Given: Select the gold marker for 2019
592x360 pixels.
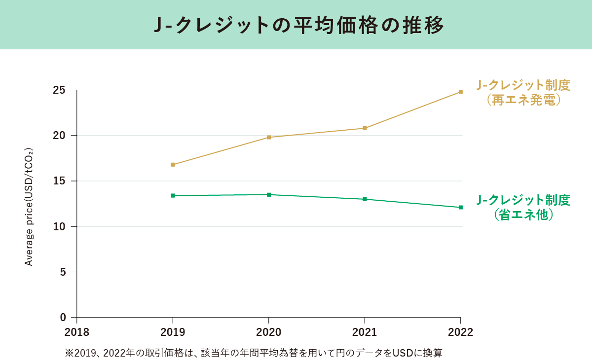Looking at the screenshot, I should point(173,165).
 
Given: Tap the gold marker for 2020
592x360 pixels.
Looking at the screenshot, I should point(269,137).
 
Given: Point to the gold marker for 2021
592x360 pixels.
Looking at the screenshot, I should point(365,128).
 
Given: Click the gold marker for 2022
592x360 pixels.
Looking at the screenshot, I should point(460,92).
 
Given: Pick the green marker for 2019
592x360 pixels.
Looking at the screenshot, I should point(173,195).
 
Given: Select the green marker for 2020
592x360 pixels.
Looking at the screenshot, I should point(269,194).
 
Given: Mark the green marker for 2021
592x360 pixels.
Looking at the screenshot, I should point(365,199).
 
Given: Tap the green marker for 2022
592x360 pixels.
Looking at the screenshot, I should point(460,207).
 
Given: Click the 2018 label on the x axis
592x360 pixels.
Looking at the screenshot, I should point(77,332).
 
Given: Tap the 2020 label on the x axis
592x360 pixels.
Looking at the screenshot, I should point(269,332).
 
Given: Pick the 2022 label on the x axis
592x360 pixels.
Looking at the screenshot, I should point(460,332).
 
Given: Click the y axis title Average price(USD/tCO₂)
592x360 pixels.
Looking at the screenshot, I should point(29,207).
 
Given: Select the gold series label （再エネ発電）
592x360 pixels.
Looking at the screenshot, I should point(523,100).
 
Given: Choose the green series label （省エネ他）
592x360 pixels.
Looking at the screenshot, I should point(523,215).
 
